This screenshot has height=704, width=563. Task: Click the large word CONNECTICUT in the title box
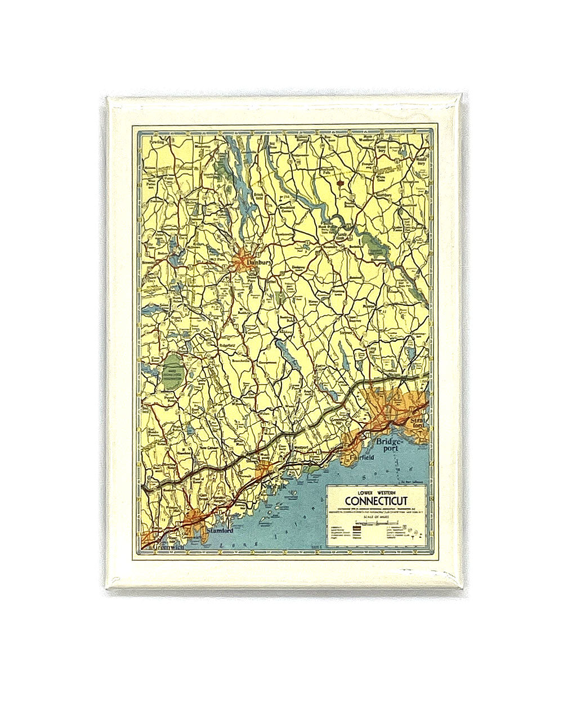point(376,501)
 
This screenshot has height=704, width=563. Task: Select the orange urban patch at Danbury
point(241,260)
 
